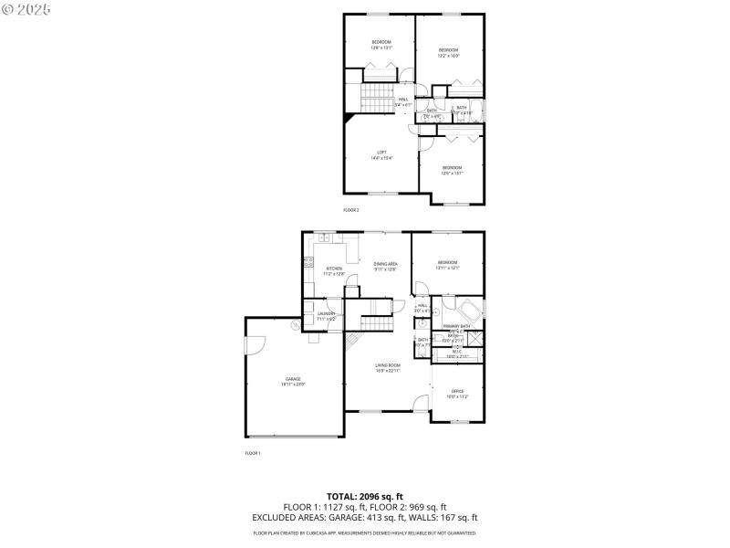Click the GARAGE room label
293,379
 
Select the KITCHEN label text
334,269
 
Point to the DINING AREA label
385,264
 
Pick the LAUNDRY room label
327,314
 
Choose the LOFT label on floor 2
381,153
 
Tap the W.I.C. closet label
456,350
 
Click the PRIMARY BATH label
456,326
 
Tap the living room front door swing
419,403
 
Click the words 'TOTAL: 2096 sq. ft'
364,496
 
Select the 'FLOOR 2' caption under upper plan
351,210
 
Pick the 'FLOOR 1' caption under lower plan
253,454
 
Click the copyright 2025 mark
26,8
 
